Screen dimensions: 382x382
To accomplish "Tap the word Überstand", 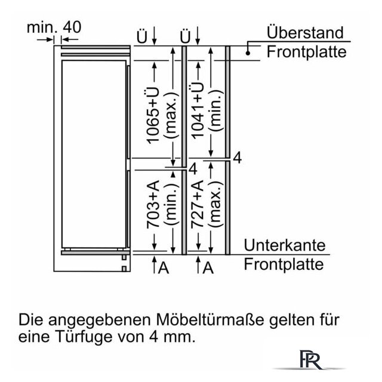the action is tap(305, 32).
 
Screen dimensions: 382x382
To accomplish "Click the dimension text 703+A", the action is tap(153, 204).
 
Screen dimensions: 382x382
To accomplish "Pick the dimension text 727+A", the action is tap(198, 204).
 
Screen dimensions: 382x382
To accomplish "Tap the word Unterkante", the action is tap(285, 245).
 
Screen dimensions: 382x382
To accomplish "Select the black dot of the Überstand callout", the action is tap(248, 53).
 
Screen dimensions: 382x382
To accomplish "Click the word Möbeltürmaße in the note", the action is tap(210, 320).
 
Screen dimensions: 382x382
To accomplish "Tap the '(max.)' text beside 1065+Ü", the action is tap(172, 115).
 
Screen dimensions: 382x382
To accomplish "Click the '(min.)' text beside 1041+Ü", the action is tap(216, 111).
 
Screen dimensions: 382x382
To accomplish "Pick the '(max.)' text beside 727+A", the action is tap(216, 204).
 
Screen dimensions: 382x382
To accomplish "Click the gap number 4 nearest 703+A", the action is tap(193, 168).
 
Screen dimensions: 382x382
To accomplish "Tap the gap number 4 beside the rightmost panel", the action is tap(238, 158).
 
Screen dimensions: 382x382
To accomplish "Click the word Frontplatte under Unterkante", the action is tap(284, 264).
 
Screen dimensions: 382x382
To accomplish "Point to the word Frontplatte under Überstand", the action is tap(306, 52).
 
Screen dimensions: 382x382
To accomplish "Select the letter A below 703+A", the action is tap(164, 267).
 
